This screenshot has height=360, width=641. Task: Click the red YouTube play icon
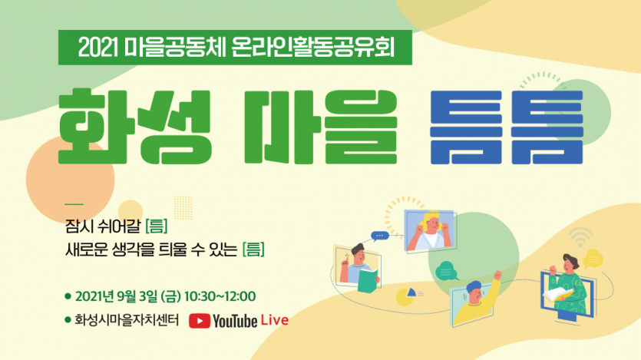200,321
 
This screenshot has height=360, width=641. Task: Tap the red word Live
275,320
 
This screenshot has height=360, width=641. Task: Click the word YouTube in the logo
235,321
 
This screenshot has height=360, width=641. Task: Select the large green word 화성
135,126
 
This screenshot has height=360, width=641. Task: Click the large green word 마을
321,126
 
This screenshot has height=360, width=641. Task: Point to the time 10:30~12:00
220,296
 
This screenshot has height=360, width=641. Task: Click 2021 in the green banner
97,48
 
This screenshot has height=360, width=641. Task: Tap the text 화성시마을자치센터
127,320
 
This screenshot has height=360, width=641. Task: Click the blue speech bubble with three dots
379,236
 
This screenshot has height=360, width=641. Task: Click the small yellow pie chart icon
406,296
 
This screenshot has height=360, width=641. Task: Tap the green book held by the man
368,281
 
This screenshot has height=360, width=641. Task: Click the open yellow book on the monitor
557,294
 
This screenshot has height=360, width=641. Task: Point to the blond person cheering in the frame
431,231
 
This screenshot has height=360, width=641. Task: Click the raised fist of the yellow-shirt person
497,275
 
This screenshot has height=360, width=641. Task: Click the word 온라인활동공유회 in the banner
312,48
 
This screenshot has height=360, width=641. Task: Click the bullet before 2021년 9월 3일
68,296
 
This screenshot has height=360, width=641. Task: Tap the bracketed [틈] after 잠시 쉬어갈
157,226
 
